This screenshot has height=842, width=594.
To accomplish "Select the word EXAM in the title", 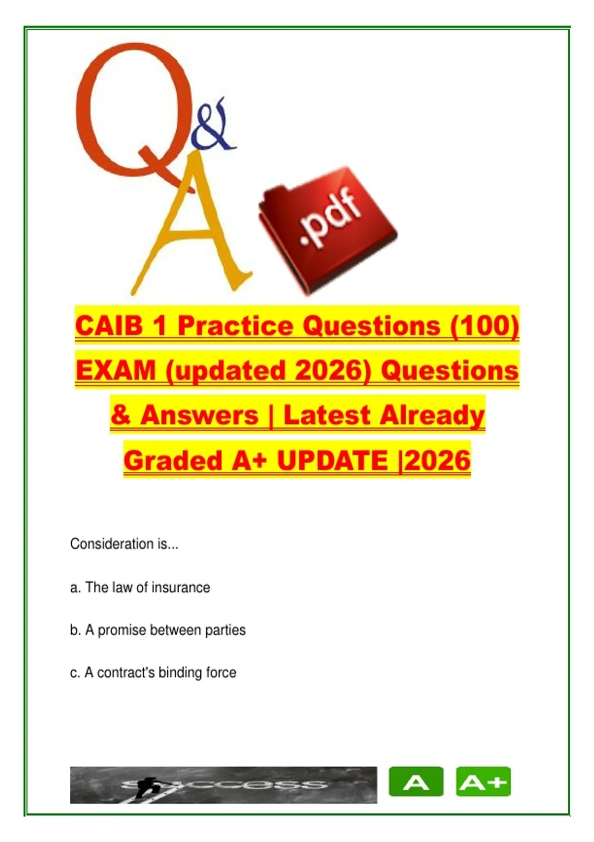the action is coord(116,370).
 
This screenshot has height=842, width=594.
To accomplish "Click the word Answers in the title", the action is coord(200,416).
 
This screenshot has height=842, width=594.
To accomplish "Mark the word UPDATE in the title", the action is coord(333,461).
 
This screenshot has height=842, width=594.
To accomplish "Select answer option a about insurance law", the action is coord(140,587).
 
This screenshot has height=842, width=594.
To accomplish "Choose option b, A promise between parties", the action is coord(158,630).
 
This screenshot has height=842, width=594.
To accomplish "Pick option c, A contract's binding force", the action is coord(153,673).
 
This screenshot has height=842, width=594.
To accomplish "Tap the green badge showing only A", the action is coord(416,782).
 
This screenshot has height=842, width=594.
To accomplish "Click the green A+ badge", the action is coord(484,782).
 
